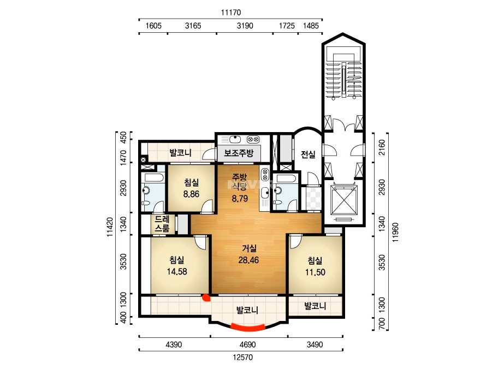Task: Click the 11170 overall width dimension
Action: [231, 13]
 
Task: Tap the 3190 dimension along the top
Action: [245, 26]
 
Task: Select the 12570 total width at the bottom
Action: [243, 357]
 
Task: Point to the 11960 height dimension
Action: [395, 233]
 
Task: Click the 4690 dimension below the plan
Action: [247, 344]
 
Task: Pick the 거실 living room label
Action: [249, 248]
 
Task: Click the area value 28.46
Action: [248, 260]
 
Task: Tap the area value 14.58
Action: [177, 272]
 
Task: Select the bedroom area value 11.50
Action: [315, 272]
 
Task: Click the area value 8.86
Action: [191, 194]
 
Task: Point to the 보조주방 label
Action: [239, 153]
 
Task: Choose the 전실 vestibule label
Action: [308, 154]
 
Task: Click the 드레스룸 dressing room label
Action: [162, 224]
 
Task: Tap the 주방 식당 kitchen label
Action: [240, 182]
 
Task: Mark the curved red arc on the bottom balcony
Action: [248, 328]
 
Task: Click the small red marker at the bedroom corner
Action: [206, 298]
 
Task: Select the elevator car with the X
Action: [343, 199]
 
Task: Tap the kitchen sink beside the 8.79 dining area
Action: [265, 193]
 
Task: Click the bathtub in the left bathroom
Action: [153, 178]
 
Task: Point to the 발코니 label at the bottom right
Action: [315, 306]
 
